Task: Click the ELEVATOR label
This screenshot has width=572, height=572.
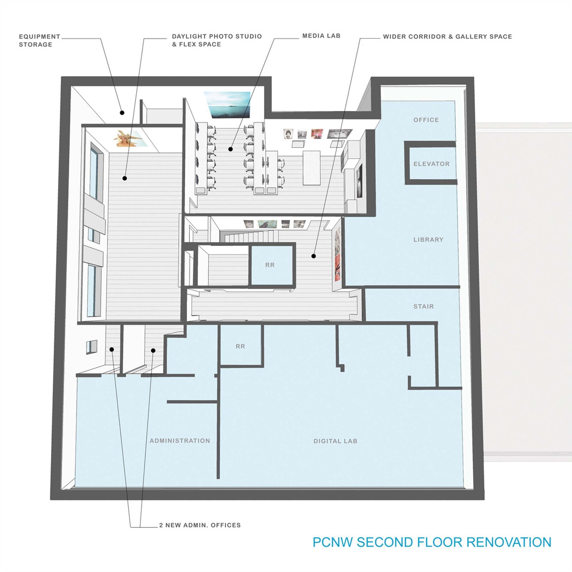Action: pos(431,164)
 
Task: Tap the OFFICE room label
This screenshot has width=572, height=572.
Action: pos(426,120)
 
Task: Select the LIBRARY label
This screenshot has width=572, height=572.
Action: pos(428,239)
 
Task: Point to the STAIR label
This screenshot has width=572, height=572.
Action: pos(423,306)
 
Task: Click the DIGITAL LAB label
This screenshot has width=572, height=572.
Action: pos(335,441)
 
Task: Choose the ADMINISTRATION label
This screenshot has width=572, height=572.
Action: pos(180,440)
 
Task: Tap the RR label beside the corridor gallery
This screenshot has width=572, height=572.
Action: pos(270,265)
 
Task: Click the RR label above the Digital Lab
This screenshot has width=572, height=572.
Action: pos(241,346)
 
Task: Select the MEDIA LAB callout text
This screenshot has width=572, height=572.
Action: pos(321,36)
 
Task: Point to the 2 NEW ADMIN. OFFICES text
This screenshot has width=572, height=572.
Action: pos(200,525)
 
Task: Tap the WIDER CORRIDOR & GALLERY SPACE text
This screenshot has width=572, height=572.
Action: pos(447,37)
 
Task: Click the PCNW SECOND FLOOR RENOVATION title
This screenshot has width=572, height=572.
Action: pos(432,542)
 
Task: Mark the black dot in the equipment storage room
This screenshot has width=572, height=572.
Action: pos(122,112)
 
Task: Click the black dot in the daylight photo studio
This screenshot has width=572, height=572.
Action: pos(125,178)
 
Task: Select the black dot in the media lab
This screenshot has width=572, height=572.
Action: pos(230,149)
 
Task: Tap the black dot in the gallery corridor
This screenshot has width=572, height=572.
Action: pos(313,256)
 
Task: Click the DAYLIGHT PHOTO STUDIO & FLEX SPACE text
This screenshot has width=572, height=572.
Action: pos(217,40)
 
